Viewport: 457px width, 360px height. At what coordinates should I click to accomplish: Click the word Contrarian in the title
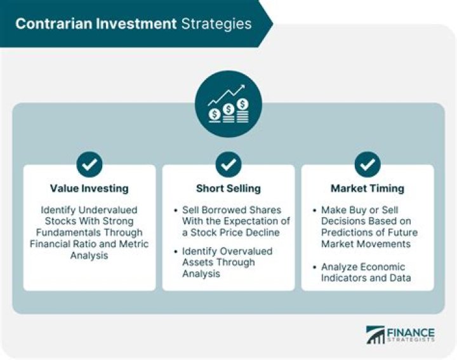[48, 23]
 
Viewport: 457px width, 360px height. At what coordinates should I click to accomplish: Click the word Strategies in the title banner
[216, 23]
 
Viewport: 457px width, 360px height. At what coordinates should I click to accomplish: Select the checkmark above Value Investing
[89, 164]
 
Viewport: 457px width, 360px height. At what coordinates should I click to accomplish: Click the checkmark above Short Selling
[228, 164]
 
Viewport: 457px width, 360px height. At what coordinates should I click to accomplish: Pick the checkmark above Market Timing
[367, 164]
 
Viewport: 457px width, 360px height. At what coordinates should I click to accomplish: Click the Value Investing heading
[89, 189]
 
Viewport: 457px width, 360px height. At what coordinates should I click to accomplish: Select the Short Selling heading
[228, 189]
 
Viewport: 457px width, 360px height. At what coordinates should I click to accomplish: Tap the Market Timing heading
[367, 189]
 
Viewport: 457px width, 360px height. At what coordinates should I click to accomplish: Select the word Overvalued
[251, 251]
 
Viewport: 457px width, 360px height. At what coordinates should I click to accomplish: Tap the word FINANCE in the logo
[411, 332]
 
